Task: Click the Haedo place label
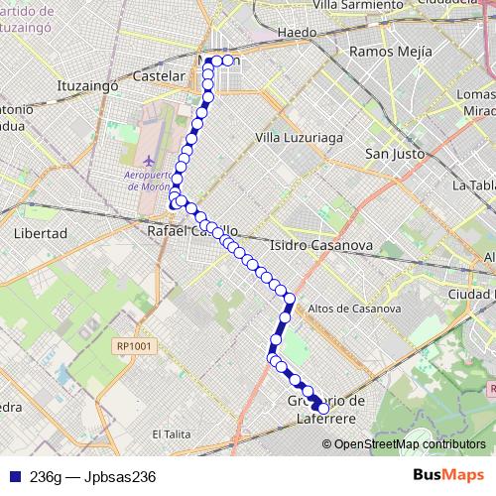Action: (x=298, y=33)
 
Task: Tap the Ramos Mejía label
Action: (x=392, y=51)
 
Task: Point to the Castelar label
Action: (x=159, y=75)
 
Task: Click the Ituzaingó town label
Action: (x=89, y=86)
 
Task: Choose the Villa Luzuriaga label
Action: (x=297, y=136)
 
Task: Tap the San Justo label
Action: (x=395, y=154)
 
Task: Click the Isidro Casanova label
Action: (x=319, y=244)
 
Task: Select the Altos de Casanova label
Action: (x=354, y=309)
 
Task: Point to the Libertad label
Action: (x=42, y=233)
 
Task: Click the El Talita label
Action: (x=172, y=434)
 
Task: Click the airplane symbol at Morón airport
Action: (x=149, y=160)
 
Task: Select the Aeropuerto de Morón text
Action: (x=148, y=182)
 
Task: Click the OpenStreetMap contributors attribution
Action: (x=409, y=443)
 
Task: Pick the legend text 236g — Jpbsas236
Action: (x=93, y=476)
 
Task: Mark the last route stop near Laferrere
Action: (x=322, y=408)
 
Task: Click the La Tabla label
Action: (x=473, y=186)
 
